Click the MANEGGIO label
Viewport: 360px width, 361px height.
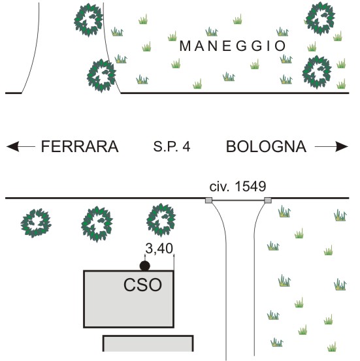pos(233,46)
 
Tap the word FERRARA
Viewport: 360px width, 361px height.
pos(80,146)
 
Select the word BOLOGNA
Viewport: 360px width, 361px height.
pos(266,146)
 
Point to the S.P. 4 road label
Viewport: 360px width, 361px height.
pos(172,146)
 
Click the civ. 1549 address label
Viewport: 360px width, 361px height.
pos(238,186)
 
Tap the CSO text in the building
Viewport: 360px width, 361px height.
pos(142,285)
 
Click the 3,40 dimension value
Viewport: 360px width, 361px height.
pos(159,249)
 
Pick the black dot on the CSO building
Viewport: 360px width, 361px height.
pos(145,266)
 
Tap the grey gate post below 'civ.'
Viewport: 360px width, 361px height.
pos(208,200)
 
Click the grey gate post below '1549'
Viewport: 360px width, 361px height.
pos(268,200)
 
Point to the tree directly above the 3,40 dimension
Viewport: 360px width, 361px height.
pos(161,220)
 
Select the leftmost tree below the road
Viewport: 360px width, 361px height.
pos(36,223)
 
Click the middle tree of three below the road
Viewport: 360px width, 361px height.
pos(97,224)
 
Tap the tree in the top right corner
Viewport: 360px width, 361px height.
pos(320,18)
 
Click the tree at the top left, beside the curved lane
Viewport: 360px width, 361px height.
pos(88,20)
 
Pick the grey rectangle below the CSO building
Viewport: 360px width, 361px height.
pos(148,343)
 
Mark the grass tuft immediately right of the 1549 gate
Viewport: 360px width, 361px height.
pos(284,212)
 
